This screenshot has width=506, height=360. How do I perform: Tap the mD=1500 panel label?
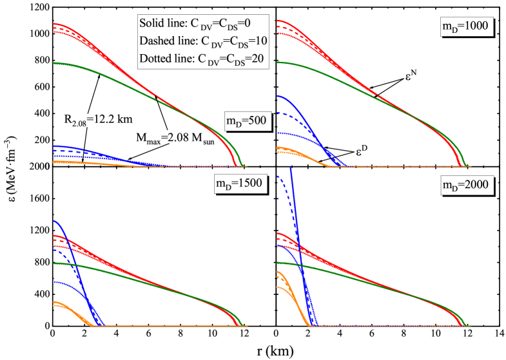(x=239, y=183)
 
